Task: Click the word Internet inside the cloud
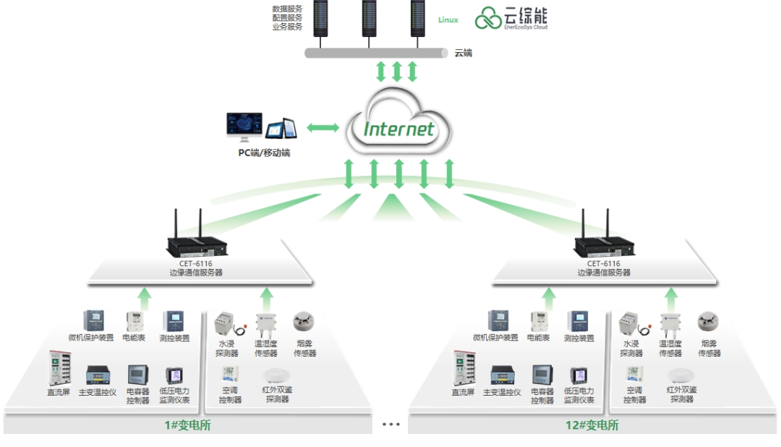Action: point(398,129)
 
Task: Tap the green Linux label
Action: point(448,20)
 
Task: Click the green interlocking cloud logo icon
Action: point(487,18)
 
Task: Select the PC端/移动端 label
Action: point(264,153)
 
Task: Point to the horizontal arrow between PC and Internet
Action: point(323,128)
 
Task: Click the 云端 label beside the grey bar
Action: point(464,53)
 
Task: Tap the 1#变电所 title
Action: point(188,425)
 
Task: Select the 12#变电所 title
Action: point(592,425)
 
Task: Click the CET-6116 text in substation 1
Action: point(196,263)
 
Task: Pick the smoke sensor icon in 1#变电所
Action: point(303,321)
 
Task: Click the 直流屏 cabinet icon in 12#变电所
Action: point(464,368)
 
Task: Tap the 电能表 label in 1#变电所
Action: point(134,338)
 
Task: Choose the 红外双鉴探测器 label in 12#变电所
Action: point(681,394)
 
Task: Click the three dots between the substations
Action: point(391,425)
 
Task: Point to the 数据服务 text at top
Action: point(287,9)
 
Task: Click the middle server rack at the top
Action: point(369,18)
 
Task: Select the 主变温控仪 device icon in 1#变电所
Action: point(98,375)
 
